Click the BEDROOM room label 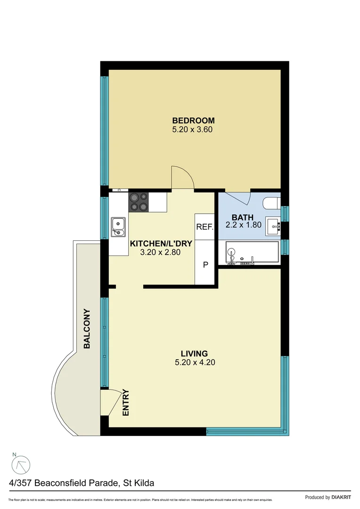(193, 121)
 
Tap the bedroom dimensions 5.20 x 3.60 (193, 129)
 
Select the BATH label (242, 218)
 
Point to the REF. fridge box (205, 227)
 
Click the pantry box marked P (205, 264)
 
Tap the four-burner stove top (139, 202)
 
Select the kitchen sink (118, 227)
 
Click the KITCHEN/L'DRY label (155, 244)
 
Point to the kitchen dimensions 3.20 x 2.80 (161, 252)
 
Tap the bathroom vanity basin (273, 226)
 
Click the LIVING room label (195, 353)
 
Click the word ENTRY (126, 402)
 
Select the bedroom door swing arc (182, 177)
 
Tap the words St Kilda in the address (139, 483)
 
